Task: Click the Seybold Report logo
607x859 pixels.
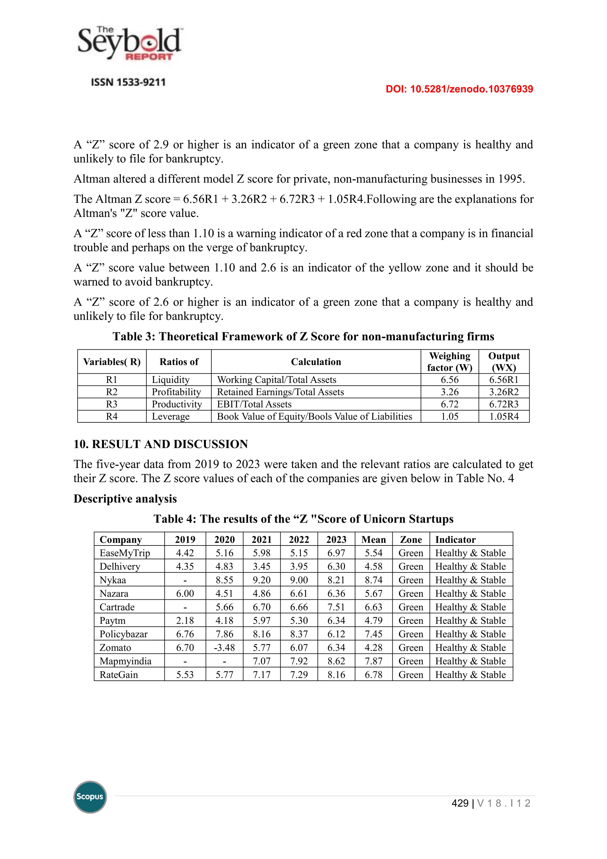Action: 130,44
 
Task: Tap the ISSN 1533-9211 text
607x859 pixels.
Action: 128,82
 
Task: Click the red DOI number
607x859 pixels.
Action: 459,89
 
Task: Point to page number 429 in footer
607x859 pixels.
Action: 460,803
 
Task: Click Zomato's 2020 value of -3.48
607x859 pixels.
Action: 224,648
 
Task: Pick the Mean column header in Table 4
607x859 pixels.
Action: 373,540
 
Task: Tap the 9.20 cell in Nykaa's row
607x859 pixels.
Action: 262,580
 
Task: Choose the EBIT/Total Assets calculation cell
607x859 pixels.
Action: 254,404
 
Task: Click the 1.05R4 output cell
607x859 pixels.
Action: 504,416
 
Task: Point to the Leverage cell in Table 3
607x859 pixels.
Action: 170,416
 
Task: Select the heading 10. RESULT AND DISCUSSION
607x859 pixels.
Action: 161,444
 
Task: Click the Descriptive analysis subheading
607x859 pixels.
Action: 125,499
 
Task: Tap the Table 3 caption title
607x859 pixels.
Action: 303,336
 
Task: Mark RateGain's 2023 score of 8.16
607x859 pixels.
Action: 336,675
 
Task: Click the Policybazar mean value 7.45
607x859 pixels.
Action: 373,634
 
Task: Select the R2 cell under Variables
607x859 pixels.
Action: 112,392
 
